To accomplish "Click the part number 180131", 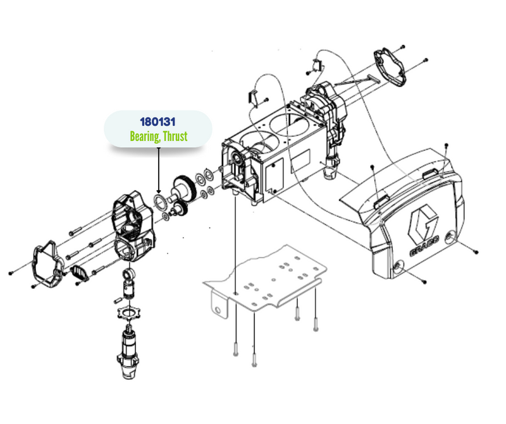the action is click(x=157, y=122).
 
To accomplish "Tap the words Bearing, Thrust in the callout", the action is click(x=159, y=136).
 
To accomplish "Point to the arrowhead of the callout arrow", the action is click(x=159, y=191).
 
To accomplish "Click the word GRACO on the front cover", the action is click(x=424, y=246).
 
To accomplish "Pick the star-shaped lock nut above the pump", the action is click(x=129, y=313).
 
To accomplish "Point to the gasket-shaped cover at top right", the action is click(x=390, y=68).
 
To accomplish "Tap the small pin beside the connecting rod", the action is click(x=118, y=301).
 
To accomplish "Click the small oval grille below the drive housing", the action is click(x=80, y=273).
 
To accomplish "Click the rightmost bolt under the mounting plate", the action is click(x=316, y=325).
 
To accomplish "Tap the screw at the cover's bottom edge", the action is click(x=424, y=282).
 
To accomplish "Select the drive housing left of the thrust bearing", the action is click(x=133, y=226).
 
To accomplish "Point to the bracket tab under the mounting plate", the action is click(x=219, y=303).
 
